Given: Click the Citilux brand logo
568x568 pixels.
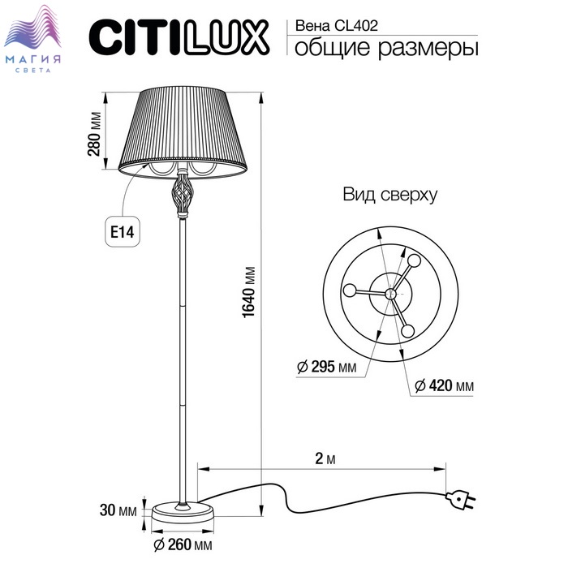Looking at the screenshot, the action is point(179,37).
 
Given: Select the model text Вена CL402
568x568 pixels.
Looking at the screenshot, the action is point(337,26).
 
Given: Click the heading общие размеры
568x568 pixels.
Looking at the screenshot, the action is point(386,49).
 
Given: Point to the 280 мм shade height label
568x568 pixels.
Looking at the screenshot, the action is point(94,134).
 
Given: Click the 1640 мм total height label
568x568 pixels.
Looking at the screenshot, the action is point(249,293).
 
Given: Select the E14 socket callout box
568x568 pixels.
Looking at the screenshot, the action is point(123,232).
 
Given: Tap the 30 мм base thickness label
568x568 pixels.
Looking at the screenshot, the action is point(118,510).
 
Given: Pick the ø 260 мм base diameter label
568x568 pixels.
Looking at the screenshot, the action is point(183,544).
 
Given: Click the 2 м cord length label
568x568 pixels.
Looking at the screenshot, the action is point(325,458).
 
